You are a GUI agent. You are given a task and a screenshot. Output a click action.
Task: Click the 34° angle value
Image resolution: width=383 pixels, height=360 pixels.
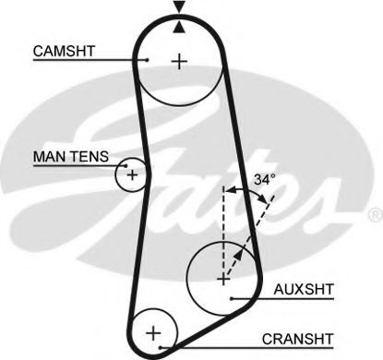(x=265, y=181)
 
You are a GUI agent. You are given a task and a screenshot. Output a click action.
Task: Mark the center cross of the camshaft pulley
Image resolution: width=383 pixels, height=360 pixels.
(x=178, y=62)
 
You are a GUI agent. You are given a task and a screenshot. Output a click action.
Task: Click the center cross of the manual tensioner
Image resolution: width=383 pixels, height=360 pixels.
(x=132, y=174)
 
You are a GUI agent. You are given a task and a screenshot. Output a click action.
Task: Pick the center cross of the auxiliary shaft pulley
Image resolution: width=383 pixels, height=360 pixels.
(x=222, y=276)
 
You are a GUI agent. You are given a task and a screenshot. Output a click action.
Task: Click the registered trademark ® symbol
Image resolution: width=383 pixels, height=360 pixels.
(x=375, y=214)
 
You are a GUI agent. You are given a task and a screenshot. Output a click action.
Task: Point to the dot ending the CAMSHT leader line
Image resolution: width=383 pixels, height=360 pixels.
(x=148, y=60)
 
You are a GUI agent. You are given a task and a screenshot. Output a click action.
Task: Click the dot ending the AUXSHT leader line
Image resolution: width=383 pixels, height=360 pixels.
(x=233, y=297)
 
